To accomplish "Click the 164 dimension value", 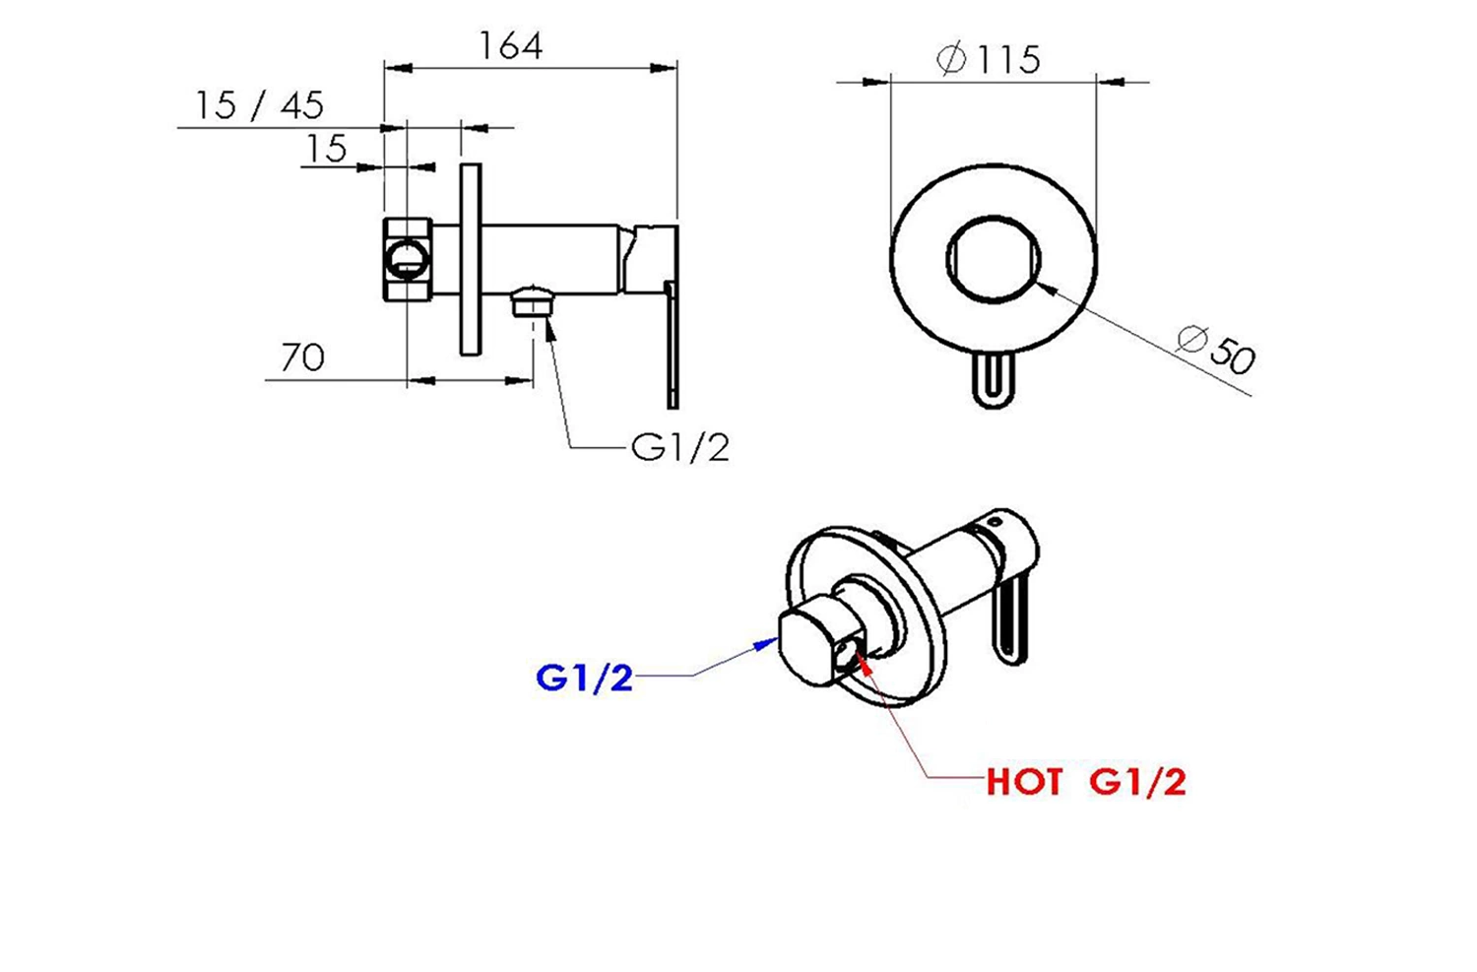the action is click(x=510, y=46).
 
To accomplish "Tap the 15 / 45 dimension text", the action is click(x=260, y=105).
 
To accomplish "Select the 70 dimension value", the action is click(x=302, y=357).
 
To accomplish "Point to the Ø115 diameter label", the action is click(x=989, y=59).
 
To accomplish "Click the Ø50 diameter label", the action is click(x=1216, y=350).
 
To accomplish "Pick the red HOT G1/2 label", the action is click(x=1086, y=782).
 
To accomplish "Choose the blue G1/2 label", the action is click(x=584, y=678).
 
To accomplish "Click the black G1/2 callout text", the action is click(x=679, y=448).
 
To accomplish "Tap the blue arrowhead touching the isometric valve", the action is click(x=767, y=643).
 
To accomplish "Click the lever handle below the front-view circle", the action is click(x=994, y=380).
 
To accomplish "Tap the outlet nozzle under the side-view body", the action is click(x=533, y=301).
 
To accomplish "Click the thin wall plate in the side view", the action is click(x=470, y=259).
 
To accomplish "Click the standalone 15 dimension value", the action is click(x=326, y=148).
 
